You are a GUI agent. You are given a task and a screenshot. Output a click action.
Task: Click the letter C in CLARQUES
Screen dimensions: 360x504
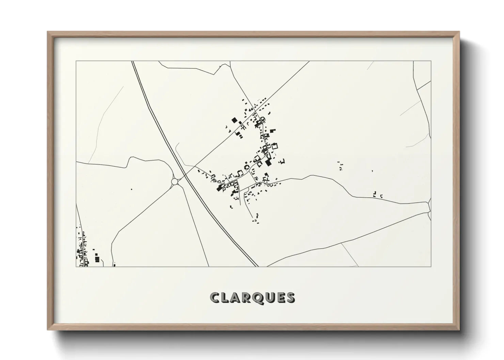215,298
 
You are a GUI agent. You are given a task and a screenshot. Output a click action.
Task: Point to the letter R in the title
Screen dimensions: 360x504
248,298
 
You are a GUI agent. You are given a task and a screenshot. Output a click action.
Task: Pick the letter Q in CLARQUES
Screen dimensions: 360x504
259,298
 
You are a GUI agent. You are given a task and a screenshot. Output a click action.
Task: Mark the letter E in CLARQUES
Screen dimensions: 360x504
281,298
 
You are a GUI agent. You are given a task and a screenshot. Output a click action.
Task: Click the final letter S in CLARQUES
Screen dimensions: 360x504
290,298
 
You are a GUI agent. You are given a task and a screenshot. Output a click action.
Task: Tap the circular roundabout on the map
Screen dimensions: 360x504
175,182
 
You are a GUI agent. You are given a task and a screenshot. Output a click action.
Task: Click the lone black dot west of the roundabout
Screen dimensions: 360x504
131,189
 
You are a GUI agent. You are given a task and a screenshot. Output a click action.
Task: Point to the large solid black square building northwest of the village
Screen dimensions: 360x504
234,120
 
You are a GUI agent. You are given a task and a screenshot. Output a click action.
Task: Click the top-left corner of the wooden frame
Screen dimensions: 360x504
48,32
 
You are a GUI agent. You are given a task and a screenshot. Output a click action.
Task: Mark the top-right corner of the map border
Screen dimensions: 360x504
431,61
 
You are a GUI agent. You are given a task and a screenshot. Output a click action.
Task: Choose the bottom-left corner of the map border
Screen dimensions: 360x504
76,266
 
